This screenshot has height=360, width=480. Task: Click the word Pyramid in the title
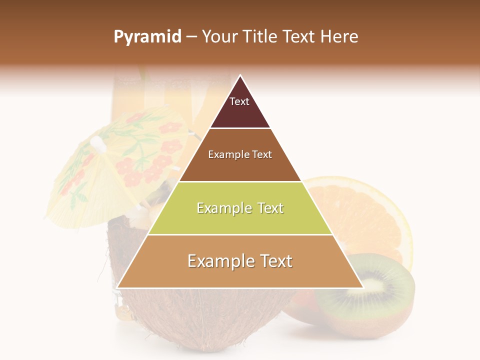coord(147,37)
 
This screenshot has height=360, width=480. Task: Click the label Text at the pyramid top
coord(239,101)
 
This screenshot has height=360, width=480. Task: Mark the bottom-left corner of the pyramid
coord(117,287)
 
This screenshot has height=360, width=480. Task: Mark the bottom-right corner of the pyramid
coord(363,287)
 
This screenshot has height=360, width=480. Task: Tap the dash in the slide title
coord(191,37)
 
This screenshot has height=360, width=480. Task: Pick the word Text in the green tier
coord(267,208)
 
